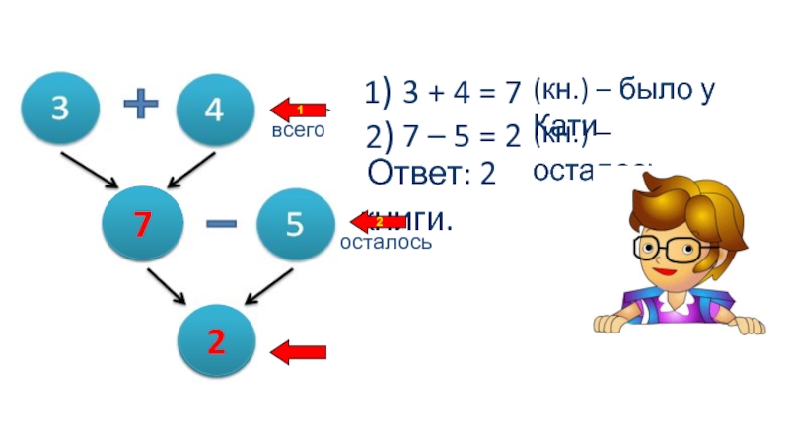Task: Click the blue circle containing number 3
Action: click(61, 110)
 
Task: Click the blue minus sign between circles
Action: click(220, 225)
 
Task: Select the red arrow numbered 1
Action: click(300, 109)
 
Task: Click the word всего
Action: click(298, 130)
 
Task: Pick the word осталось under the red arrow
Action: click(385, 242)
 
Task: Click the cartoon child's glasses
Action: click(676, 246)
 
